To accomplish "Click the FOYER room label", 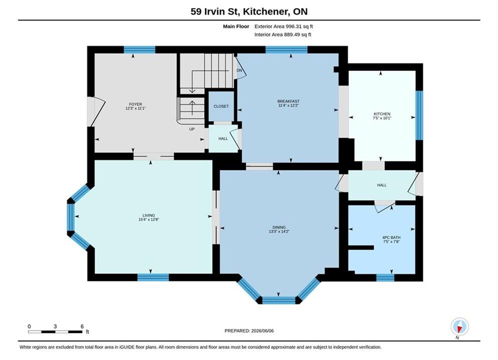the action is click(x=136, y=104).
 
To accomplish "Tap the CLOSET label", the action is click(x=221, y=106).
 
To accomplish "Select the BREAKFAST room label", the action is click(x=288, y=101).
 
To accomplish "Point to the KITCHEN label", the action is click(x=382, y=114).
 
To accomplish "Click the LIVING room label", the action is click(x=149, y=215).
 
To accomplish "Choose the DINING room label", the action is click(x=279, y=227).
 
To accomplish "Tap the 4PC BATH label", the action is click(x=391, y=237).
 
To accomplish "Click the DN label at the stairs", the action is click(x=239, y=70).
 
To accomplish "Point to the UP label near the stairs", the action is click(x=192, y=129).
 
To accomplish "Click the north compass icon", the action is click(x=459, y=326).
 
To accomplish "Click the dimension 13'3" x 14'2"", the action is click(x=279, y=231).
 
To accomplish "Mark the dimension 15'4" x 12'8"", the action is click(x=149, y=219).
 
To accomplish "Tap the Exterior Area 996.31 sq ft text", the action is click(x=284, y=26).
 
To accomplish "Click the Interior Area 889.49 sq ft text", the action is click(x=283, y=34).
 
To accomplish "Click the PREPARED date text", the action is click(x=249, y=331).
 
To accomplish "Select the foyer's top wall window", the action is click(x=140, y=49).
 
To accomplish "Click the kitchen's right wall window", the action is click(x=419, y=115).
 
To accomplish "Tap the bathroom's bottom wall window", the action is click(x=385, y=277).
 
